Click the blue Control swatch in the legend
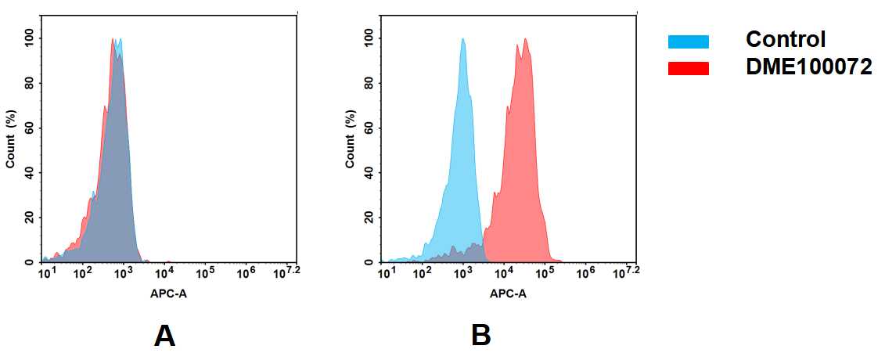click(688, 41)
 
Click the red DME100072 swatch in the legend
click(688, 69)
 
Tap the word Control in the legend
click(786, 39)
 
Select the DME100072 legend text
click(809, 68)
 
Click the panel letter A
click(164, 336)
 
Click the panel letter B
click(481, 336)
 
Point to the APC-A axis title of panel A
click(167, 294)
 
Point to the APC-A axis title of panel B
click(508, 294)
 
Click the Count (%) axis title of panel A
click(11, 140)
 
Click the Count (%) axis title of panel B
click(351, 140)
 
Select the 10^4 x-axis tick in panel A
click(164, 272)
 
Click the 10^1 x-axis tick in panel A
click(45, 272)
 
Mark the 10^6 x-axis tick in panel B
click(585, 272)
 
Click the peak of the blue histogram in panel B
click(463, 40)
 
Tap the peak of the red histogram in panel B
click(526, 40)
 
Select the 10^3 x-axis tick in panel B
click(463, 272)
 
